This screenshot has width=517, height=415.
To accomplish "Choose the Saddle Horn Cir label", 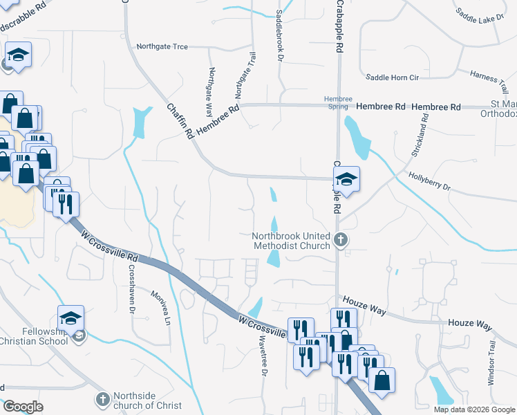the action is click(393, 77).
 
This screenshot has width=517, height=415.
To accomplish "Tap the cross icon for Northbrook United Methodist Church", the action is click(339, 240).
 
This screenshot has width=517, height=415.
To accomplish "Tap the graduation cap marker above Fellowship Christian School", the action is click(70, 317).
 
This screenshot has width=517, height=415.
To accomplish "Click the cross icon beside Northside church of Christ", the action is click(102, 399).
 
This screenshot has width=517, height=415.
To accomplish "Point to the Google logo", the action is click(23, 406).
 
